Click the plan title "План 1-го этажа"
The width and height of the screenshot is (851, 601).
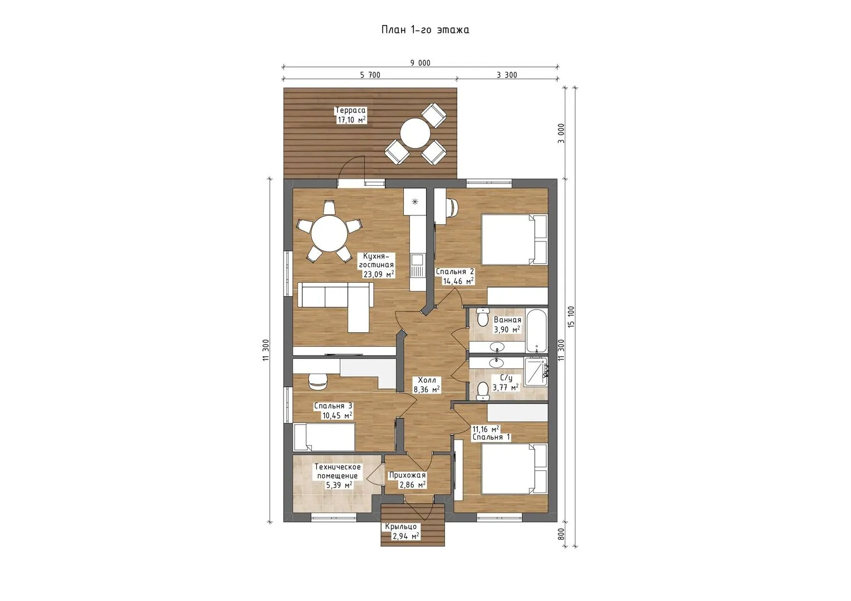tap(425, 30)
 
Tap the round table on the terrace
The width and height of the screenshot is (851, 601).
tap(415, 133)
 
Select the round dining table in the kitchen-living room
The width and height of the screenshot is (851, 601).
tap(329, 233)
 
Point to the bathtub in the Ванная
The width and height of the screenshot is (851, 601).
tap(536, 331)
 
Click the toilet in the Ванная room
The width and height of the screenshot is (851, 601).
tap(482, 317)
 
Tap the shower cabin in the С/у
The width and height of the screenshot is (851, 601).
tap(536, 372)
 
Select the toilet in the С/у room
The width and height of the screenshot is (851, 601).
tap(482, 391)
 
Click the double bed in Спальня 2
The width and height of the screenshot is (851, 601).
tap(514, 239)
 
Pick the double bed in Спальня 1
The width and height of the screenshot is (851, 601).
tap(514, 469)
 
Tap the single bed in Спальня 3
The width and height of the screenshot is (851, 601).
tap(324, 437)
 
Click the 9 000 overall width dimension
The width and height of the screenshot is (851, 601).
tap(420, 63)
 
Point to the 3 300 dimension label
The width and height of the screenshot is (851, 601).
tap(507, 75)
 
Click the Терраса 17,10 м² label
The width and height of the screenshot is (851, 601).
tap(350, 115)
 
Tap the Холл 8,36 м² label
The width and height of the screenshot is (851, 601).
tap(427, 385)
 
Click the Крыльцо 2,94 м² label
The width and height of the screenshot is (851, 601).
tap(402, 531)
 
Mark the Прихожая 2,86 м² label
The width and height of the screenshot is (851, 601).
tap(407, 480)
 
